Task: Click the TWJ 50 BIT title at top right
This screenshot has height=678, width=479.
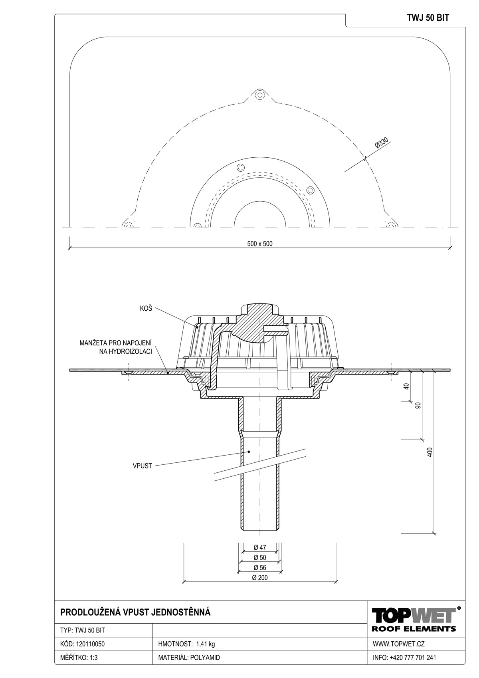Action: [428, 18]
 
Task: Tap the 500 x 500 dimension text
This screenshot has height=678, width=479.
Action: [259, 244]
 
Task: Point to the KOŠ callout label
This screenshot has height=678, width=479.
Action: [146, 309]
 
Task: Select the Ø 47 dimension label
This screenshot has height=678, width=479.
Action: [260, 547]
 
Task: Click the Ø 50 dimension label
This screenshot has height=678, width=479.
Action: [260, 557]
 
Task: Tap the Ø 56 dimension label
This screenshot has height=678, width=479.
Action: [260, 567]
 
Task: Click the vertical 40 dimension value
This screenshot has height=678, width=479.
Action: [407, 387]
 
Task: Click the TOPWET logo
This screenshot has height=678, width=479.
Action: [414, 615]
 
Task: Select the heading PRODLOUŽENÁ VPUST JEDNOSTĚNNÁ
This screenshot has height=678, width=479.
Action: [135, 612]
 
